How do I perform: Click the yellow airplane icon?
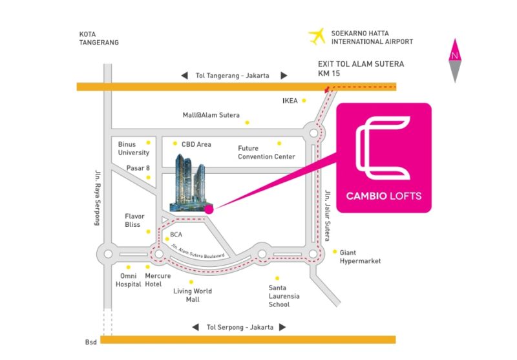[317, 36]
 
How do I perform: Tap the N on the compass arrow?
[455, 56]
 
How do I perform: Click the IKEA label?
[290, 101]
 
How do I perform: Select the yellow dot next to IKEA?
[304, 101]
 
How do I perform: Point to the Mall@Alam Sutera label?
[211, 115]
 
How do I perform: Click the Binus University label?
[134, 149]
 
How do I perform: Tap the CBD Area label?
[196, 144]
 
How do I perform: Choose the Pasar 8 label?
[138, 168]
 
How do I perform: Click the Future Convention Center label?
[266, 153]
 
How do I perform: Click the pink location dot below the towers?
[209, 209]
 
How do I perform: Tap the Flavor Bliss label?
[134, 220]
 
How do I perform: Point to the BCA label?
[176, 235]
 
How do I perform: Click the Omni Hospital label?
[128, 280]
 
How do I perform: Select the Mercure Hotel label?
[158, 280]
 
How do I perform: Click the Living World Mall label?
[193, 295]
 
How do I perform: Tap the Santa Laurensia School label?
[284, 296]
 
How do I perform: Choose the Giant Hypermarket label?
[360, 257]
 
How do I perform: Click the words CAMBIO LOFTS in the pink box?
[384, 196]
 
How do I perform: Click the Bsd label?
[90, 342]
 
